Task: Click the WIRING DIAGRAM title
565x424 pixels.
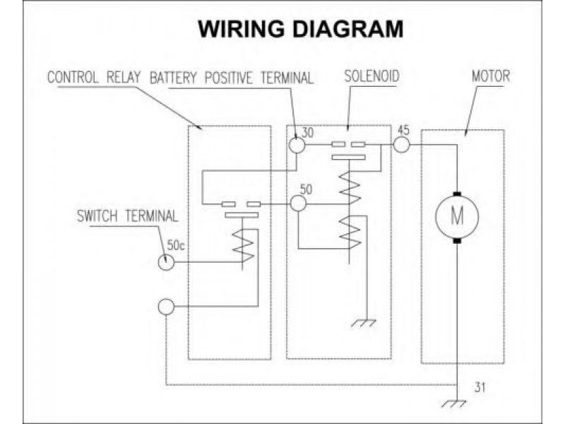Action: coord(301,29)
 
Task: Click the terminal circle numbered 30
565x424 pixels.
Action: coord(297,144)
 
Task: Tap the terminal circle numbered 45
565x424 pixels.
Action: coord(402,144)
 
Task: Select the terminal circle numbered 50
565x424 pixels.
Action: coord(298,204)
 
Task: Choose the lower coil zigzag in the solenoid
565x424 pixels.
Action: coord(347,230)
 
